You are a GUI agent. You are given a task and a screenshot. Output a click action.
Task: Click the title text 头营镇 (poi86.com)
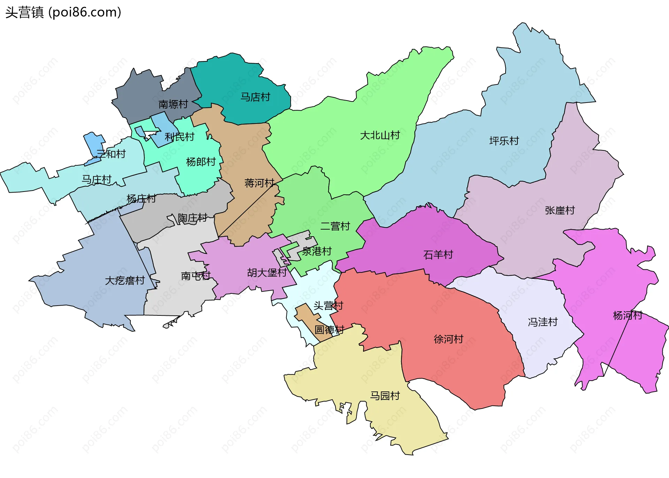(x=63, y=12)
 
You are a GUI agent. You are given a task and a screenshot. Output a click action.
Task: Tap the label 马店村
(x=255, y=97)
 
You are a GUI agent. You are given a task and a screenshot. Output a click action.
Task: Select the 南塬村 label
(x=173, y=104)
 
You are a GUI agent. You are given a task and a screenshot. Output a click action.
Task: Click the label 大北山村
(x=380, y=135)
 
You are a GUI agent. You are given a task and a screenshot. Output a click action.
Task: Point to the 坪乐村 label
(x=504, y=141)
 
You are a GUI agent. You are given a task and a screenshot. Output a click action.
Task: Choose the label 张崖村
(x=560, y=210)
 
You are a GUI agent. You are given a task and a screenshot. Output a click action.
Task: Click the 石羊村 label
(x=438, y=255)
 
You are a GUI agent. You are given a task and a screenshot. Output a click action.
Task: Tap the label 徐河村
(x=448, y=339)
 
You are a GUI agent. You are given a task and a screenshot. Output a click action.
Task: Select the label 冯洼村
(x=543, y=322)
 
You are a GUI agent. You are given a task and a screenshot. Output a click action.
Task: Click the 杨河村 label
(x=627, y=315)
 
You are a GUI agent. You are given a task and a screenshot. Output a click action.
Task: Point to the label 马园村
(x=385, y=396)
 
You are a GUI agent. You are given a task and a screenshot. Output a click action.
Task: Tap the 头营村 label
(x=328, y=306)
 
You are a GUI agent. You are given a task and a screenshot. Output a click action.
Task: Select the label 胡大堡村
(x=267, y=272)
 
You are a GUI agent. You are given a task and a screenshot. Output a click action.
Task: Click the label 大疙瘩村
(x=125, y=281)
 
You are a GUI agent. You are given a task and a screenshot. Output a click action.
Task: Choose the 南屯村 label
(x=195, y=276)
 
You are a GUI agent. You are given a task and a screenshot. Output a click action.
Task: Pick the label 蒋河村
(x=259, y=183)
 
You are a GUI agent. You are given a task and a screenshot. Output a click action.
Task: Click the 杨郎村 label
(x=201, y=162)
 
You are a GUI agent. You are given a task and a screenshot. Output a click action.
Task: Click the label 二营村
(x=335, y=226)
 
